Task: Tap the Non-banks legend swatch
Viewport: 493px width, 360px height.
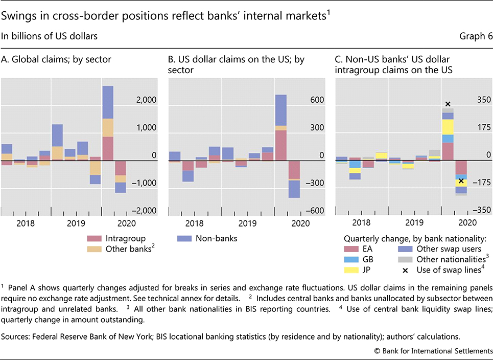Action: point(184,238)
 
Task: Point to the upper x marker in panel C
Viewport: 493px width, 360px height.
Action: point(448,104)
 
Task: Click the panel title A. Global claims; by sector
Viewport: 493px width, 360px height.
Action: point(56,60)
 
